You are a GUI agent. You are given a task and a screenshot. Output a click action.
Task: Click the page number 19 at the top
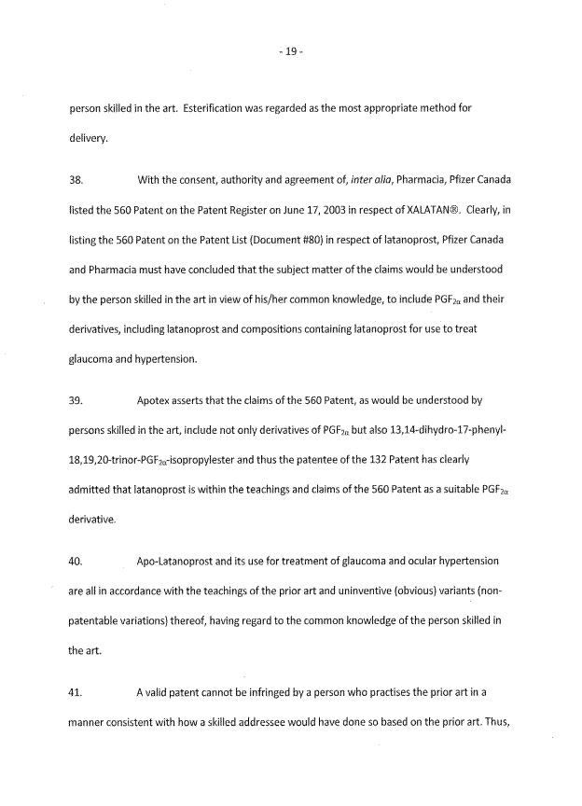pyautogui.click(x=291, y=52)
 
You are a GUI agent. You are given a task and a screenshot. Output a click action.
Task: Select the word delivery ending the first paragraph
pyautogui.click(x=90, y=140)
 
